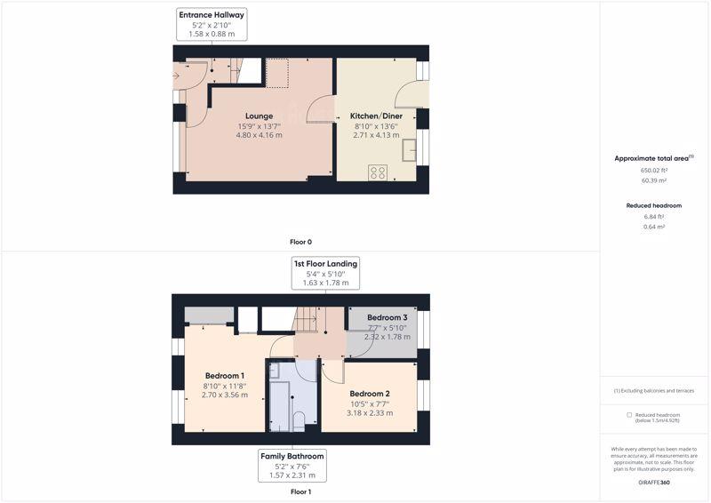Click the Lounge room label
pyautogui.click(x=259, y=116)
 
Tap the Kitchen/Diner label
pyautogui.click(x=376, y=116)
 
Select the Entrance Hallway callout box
pyautogui.click(x=212, y=25)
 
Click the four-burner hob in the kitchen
pyautogui.click(x=378, y=172)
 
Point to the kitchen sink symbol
pyautogui.click(x=409, y=150)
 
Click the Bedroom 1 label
pyautogui.click(x=225, y=376)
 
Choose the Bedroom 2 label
pyautogui.click(x=370, y=394)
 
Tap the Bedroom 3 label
pyautogui.click(x=387, y=317)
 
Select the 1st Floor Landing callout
pyautogui.click(x=325, y=273)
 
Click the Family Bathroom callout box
pyautogui.click(x=292, y=466)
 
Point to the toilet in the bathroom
pyautogui.click(x=300, y=421)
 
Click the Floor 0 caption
pyautogui.click(x=300, y=243)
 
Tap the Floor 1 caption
pyautogui.click(x=300, y=491)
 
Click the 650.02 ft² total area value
pyautogui.click(x=653, y=171)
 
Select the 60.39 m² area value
pyautogui.click(x=653, y=180)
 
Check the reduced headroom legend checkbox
pyautogui.click(x=629, y=414)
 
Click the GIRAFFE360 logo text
pyautogui.click(x=653, y=483)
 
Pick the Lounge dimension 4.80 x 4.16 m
pyautogui.click(x=259, y=135)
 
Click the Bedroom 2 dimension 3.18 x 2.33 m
pyautogui.click(x=370, y=413)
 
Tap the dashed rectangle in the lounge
pyautogui.click(x=277, y=73)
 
